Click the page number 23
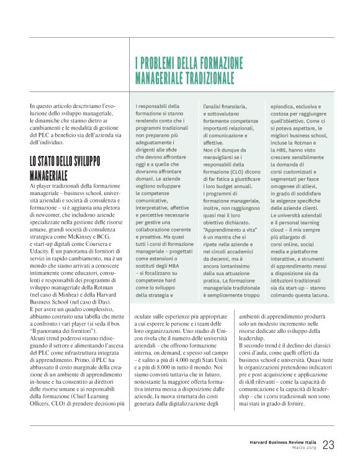(x=328, y=445)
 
